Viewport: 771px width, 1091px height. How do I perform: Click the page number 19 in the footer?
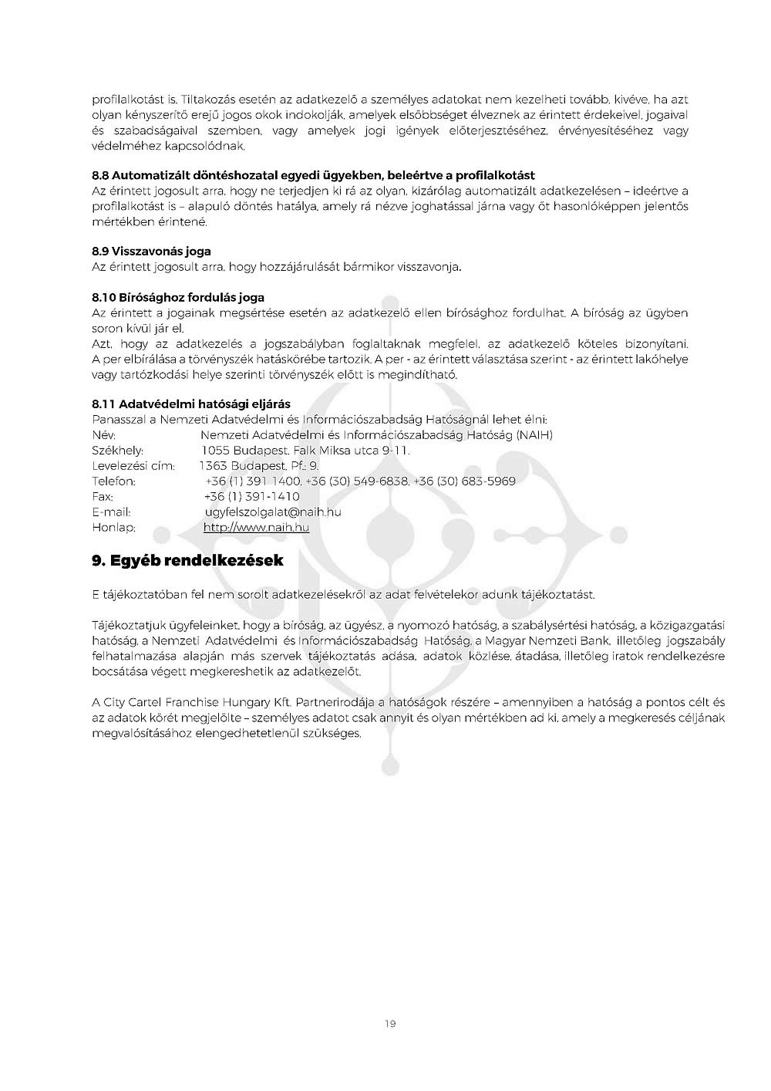click(x=389, y=1024)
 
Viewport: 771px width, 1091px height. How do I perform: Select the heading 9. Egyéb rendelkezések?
click(x=187, y=561)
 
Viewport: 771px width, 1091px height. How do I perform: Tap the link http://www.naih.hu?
click(x=256, y=528)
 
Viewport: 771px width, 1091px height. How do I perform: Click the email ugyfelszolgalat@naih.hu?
click(x=273, y=512)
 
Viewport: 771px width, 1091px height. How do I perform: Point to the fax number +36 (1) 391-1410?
click(x=251, y=497)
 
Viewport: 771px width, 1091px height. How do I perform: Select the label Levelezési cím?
click(x=133, y=466)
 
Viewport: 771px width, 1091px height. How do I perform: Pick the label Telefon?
click(x=113, y=481)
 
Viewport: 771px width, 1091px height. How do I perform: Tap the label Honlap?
click(x=113, y=528)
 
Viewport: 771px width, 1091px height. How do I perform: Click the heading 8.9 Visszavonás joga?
click(x=151, y=252)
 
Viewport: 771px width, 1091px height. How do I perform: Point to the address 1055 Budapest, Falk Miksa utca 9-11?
click(x=305, y=451)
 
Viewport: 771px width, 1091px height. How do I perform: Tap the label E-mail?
click(x=111, y=512)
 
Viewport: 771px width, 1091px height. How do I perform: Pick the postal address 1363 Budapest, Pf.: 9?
click(x=259, y=466)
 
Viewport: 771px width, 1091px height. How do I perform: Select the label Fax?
click(x=103, y=497)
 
